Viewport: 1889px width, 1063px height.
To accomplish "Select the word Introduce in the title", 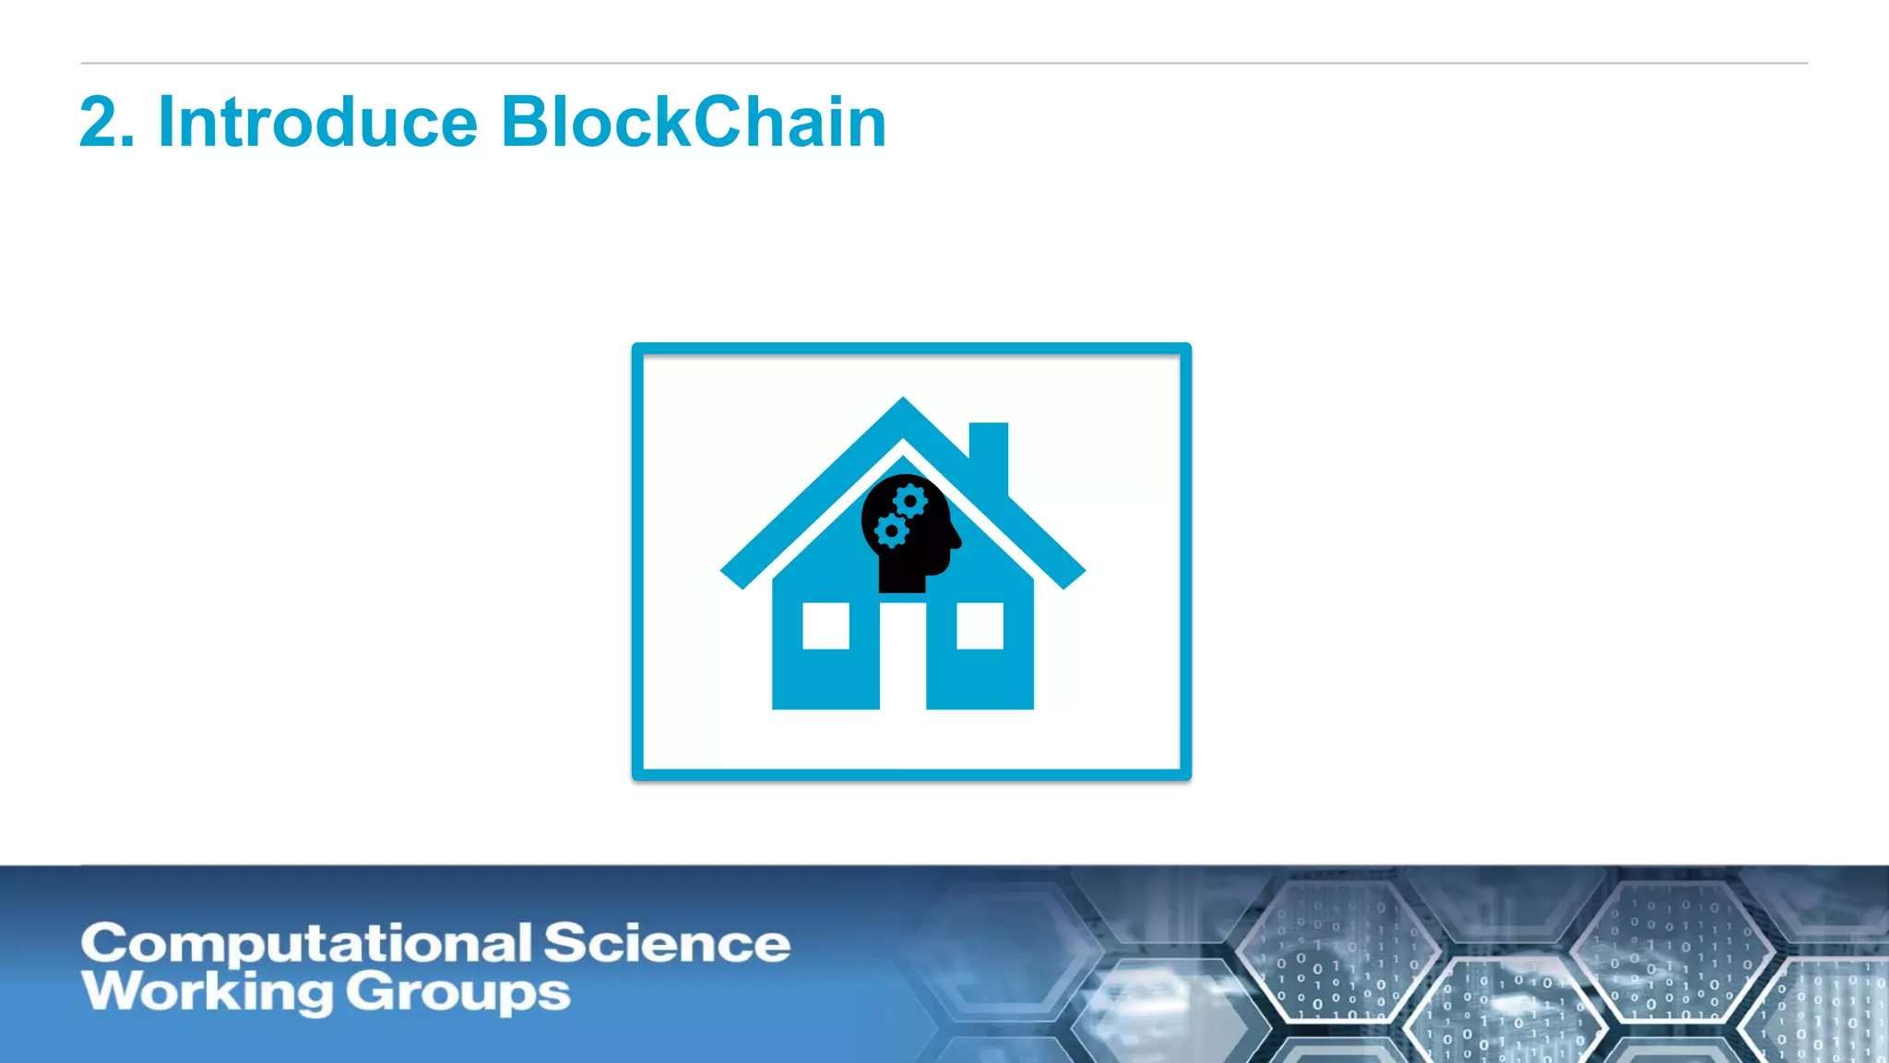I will pos(318,123).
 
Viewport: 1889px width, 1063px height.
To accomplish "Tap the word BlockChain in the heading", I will pos(694,123).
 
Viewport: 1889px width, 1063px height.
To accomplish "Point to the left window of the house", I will pos(826,626).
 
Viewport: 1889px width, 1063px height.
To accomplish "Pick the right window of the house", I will pos(980,626).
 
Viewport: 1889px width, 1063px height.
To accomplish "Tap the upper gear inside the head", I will pos(910,501).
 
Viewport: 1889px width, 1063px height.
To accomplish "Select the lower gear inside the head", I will pos(891,531).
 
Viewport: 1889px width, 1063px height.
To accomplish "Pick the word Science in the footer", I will pos(667,943).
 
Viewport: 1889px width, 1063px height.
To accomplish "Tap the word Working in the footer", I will pos(207,993).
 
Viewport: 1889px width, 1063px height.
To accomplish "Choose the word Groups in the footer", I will pos(458,994).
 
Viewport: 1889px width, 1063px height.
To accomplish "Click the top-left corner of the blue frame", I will pos(637,349).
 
